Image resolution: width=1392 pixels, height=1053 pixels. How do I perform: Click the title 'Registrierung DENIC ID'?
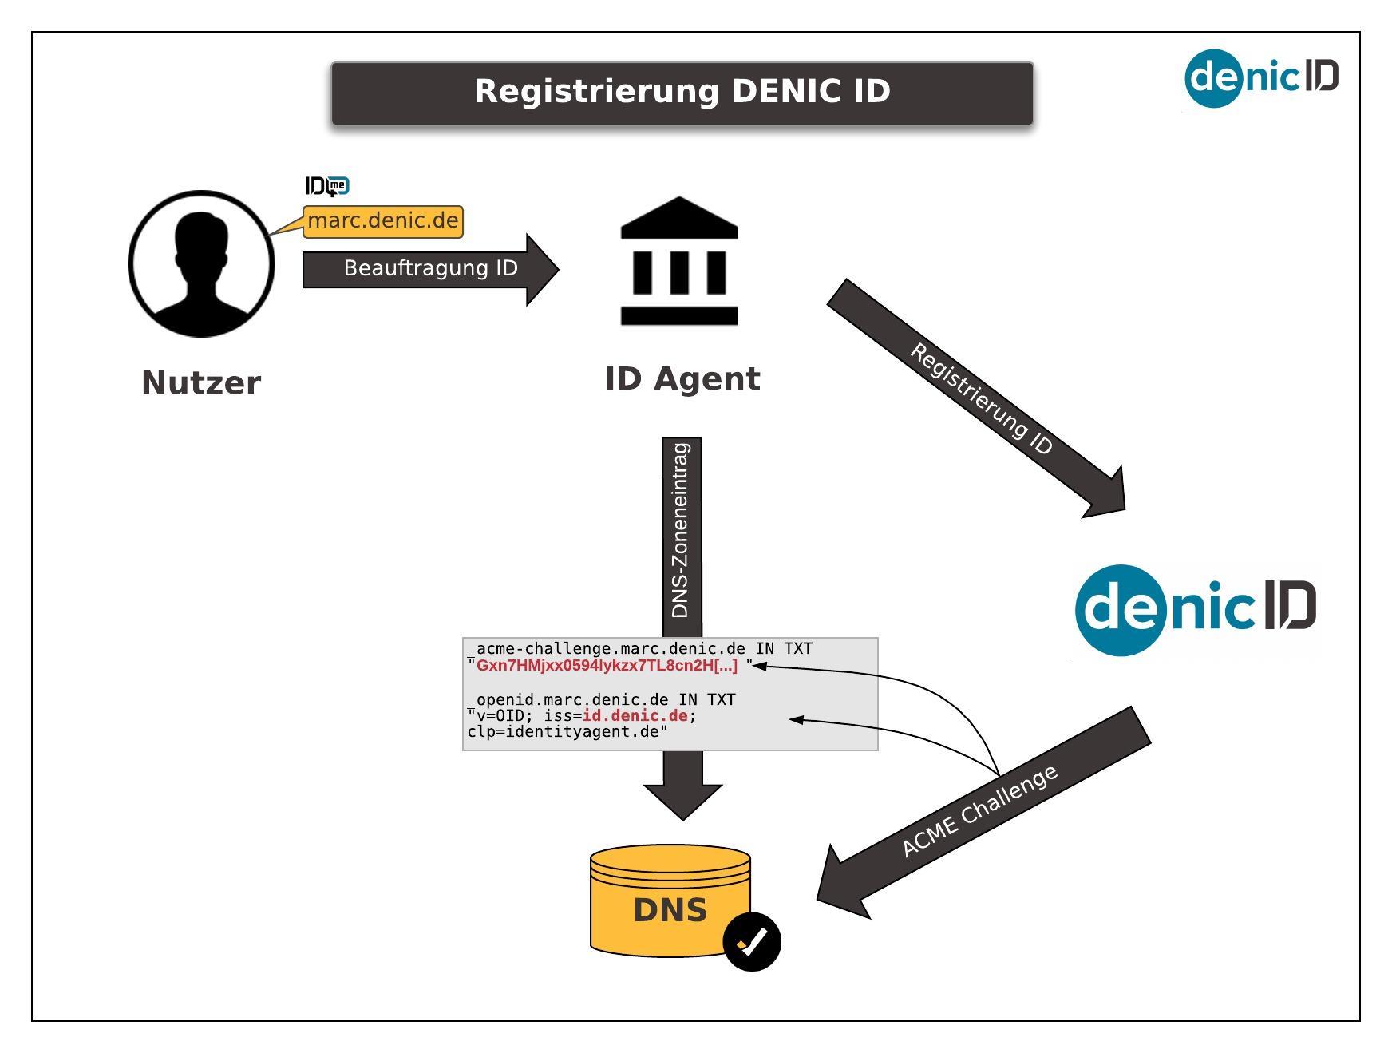[682, 92]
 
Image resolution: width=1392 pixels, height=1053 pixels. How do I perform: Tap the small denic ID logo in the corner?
[1261, 77]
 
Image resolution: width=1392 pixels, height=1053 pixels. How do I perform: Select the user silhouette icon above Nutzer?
[201, 263]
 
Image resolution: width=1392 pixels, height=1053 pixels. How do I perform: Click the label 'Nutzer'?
[201, 382]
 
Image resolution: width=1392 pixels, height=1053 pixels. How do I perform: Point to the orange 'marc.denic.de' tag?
[383, 220]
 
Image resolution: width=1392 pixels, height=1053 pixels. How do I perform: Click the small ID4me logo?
[327, 186]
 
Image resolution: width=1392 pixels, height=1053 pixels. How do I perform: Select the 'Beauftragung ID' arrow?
[430, 269]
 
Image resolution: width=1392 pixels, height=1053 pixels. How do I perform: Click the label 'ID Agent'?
[682, 378]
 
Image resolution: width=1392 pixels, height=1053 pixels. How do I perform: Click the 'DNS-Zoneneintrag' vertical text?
[681, 530]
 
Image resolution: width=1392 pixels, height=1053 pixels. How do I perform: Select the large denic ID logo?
[1196, 609]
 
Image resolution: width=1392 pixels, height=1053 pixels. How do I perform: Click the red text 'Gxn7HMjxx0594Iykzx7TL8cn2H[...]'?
[607, 666]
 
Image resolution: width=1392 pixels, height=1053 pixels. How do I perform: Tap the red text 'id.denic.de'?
[635, 715]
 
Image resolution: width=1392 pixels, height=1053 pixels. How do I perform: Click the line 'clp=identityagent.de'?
[567, 732]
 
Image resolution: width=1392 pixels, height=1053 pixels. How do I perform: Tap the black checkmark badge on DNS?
[752, 941]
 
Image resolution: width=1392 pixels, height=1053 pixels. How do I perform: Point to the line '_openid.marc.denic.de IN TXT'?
[602, 699]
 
